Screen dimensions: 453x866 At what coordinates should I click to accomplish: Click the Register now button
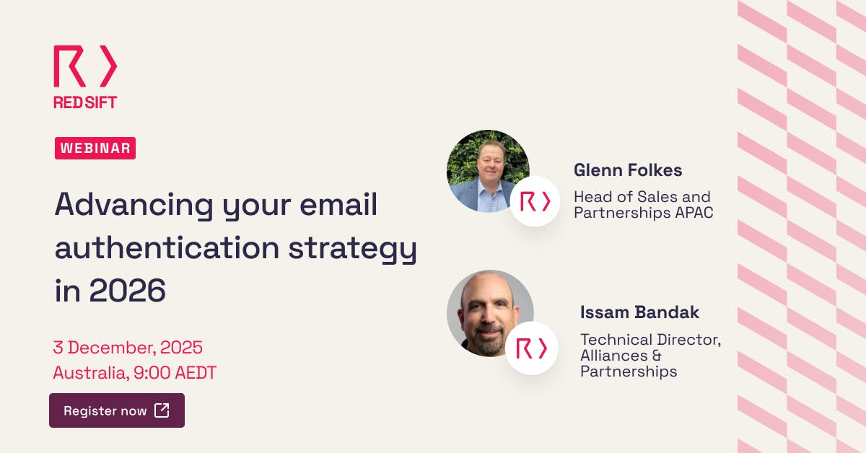tap(116, 410)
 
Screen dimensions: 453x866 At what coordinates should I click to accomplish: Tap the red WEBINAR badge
tap(95, 149)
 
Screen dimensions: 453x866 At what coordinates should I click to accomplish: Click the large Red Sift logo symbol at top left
tap(85, 66)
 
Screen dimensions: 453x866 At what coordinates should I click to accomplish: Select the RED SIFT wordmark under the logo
tap(85, 102)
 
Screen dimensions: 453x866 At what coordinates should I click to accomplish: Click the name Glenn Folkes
tap(628, 170)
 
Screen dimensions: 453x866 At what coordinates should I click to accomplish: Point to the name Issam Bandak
tap(639, 312)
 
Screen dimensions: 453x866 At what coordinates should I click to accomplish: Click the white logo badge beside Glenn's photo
tap(535, 201)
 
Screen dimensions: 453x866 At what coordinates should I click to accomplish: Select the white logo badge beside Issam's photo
tap(532, 348)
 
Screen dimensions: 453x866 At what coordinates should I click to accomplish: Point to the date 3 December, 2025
tap(128, 348)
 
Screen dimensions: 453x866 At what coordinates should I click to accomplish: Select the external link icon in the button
tap(162, 410)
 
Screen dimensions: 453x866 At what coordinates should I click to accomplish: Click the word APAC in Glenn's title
tap(688, 214)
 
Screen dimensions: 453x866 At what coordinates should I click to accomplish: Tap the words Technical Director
tap(650, 339)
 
